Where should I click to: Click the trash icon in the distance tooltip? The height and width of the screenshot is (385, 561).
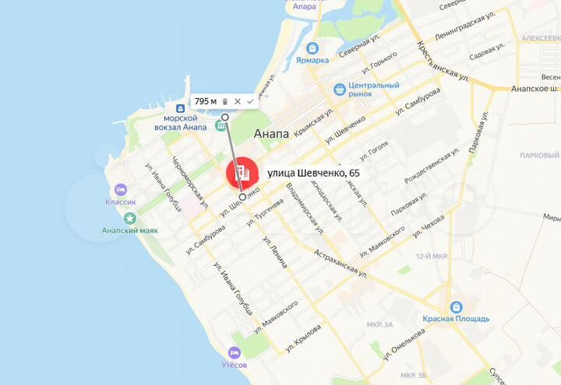[224, 101]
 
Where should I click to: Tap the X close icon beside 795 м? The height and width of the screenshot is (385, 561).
[237, 101]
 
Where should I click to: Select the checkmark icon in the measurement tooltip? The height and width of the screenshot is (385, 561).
[249, 101]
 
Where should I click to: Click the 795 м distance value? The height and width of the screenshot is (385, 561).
[205, 101]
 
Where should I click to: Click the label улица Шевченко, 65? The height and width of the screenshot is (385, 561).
[312, 173]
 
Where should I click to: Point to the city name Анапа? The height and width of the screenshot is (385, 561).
[271, 134]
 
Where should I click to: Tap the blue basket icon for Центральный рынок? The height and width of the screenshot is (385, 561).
[340, 89]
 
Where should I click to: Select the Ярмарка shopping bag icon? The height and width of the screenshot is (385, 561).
[312, 47]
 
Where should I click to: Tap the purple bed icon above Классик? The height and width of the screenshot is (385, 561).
[120, 189]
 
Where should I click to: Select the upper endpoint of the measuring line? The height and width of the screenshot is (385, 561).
[224, 117]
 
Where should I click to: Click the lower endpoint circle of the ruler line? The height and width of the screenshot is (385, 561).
[242, 198]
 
